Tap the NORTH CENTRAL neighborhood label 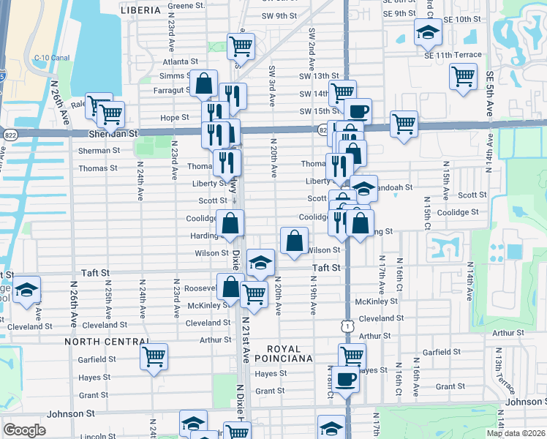point(106,342)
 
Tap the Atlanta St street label point(180,62)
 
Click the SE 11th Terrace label point(453,55)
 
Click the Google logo point(24,430)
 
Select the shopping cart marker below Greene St point(240,47)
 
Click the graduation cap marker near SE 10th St point(428,31)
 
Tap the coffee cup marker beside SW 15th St point(358,111)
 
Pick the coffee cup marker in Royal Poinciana point(347,379)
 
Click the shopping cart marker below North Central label point(154,357)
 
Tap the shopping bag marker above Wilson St point(294,240)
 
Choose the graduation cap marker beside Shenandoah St point(363,189)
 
